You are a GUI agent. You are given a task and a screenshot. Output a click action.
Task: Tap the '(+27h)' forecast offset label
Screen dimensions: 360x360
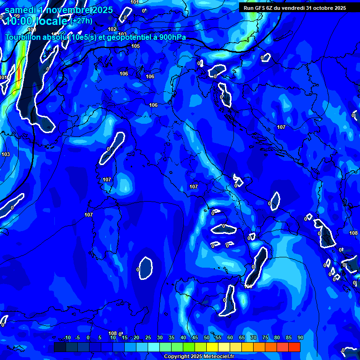coord(82,21)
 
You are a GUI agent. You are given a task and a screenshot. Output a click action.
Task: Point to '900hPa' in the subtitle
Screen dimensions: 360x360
coord(170,37)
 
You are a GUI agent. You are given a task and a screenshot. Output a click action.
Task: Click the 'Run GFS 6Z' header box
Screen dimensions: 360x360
coord(295,7)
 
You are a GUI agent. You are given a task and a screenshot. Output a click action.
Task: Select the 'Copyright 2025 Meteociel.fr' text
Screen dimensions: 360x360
coord(199,357)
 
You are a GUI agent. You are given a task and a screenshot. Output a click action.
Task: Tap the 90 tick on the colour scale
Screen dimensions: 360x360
coord(300,337)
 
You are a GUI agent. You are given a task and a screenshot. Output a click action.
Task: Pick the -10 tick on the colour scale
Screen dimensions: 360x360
coord(67,337)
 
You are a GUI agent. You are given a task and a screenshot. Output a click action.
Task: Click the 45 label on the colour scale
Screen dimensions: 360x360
coord(195,337)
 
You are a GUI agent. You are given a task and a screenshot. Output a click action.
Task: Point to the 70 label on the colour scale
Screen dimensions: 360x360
coord(254,337)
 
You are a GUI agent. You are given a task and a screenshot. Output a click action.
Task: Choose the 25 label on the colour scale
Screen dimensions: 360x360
coord(148,337)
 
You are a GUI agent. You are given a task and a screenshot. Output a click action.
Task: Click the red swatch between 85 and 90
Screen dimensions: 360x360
coord(294,347)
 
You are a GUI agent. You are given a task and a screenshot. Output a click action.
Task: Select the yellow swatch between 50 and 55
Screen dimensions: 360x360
coord(212,347)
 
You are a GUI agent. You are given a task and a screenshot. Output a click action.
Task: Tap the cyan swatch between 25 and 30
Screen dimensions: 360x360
coord(154,347)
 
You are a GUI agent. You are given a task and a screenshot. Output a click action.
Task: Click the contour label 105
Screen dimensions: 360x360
coord(135,46)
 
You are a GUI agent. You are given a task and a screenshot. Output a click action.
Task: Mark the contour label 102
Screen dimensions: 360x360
coord(112,29)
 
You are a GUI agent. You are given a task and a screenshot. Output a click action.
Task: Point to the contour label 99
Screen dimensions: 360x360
coord(17,16)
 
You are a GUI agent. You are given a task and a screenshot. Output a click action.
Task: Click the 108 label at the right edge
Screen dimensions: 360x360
coord(353,233)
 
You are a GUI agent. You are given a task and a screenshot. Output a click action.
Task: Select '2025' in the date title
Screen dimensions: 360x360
coord(100,10)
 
